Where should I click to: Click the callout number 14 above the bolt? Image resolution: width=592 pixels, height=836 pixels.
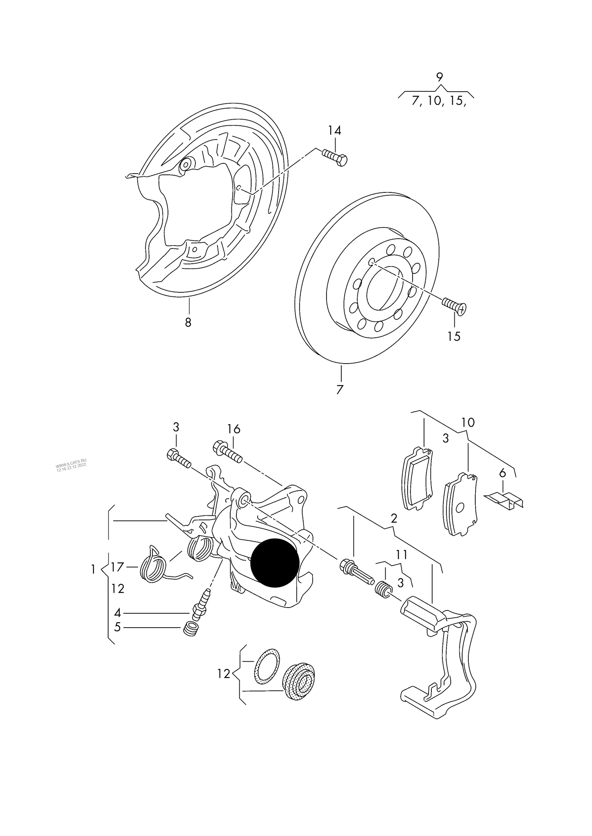pyautogui.click(x=334, y=131)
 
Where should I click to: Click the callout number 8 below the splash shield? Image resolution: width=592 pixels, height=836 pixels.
pyautogui.click(x=188, y=322)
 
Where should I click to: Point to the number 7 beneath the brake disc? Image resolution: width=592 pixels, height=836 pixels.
pyautogui.click(x=340, y=389)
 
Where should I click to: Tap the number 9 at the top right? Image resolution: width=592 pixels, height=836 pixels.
pyautogui.click(x=439, y=77)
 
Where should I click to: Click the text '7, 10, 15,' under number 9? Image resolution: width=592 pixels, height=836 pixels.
pyautogui.click(x=439, y=101)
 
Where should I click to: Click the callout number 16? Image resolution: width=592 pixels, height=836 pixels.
pyautogui.click(x=234, y=429)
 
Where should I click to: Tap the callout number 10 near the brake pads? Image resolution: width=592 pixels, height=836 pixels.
pyautogui.click(x=468, y=422)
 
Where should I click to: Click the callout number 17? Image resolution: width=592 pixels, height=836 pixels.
pyautogui.click(x=117, y=567)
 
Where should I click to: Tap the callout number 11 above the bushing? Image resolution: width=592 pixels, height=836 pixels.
pyautogui.click(x=401, y=555)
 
